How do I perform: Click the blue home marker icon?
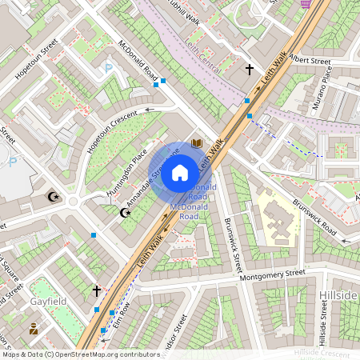coord(180,171)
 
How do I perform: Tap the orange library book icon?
coord(198,145)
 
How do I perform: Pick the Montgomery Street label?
coord(272,274)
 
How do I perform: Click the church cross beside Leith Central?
coord(249,70)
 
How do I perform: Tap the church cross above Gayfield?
coord(97,291)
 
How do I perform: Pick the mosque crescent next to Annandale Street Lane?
coord(124,212)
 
